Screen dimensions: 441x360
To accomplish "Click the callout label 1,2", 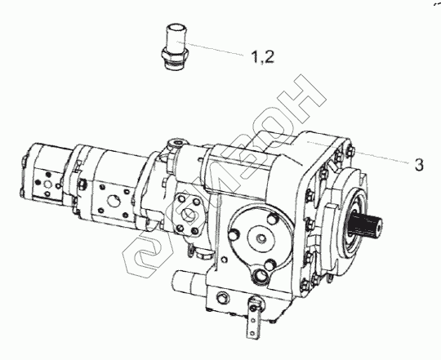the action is tap(262, 57).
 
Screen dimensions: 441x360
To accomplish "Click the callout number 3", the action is tap(419, 165).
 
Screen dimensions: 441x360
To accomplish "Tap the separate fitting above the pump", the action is tap(175, 48).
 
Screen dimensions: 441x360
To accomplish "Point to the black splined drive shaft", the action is tap(365, 224).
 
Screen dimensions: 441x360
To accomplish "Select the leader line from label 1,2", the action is tap(210, 48).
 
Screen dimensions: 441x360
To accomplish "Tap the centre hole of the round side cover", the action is tap(262, 239).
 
